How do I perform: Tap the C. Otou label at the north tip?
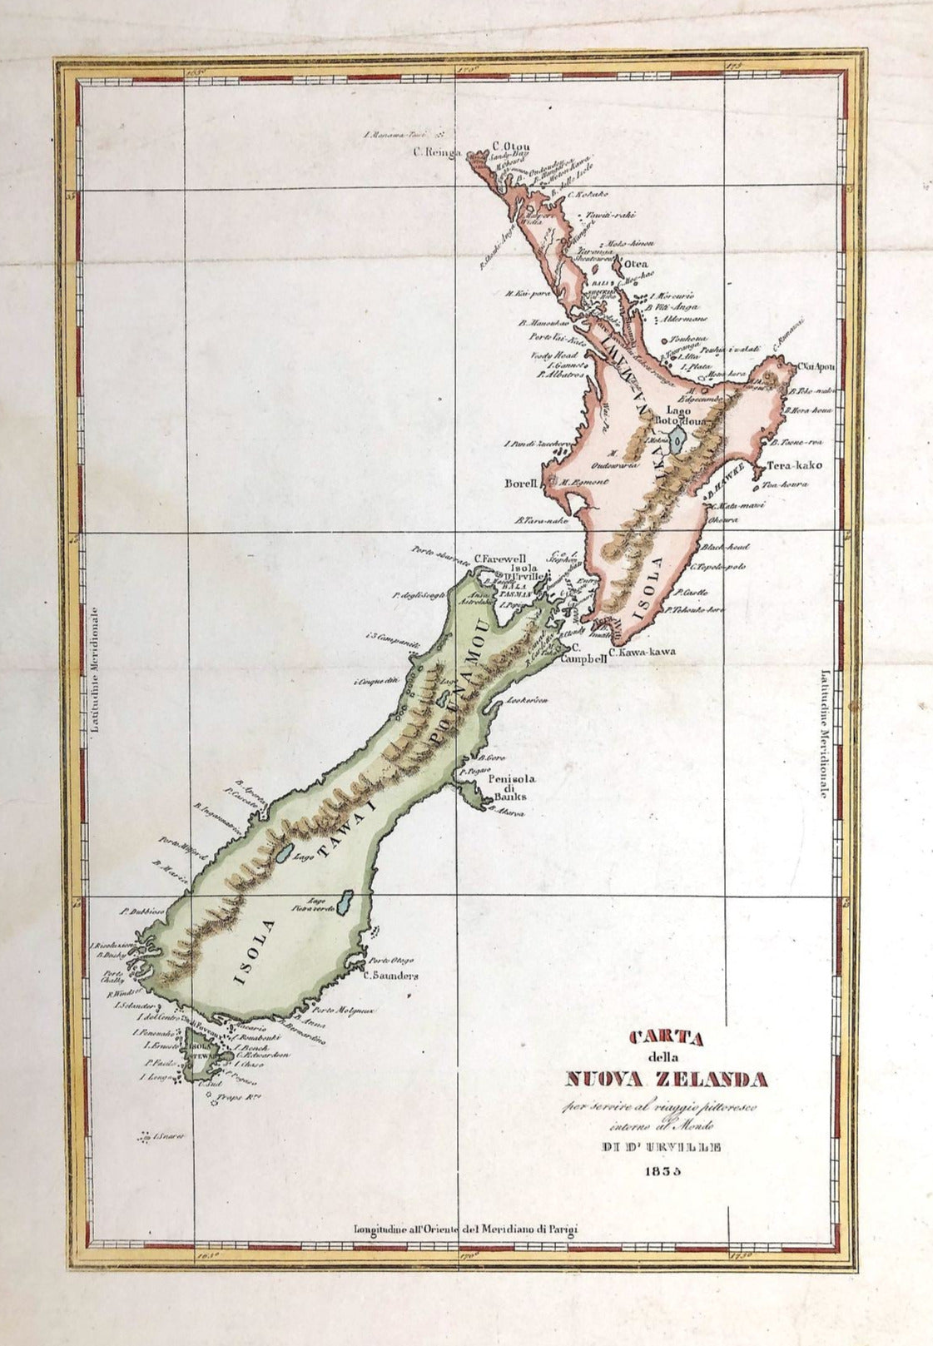(x=508, y=142)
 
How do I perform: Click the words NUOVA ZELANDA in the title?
(x=666, y=1080)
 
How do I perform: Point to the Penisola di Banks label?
(x=508, y=787)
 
